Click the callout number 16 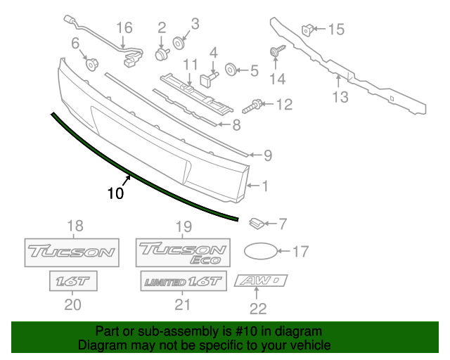(124, 28)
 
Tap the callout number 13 (340, 98)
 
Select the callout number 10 (116, 193)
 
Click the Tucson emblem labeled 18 (71, 251)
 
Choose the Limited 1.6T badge (183, 282)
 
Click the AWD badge (262, 281)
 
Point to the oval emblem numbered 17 (261, 250)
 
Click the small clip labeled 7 (256, 224)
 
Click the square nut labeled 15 (307, 29)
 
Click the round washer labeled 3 (176, 44)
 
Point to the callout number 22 (259, 307)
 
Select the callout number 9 (268, 155)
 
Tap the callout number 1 (265, 186)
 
